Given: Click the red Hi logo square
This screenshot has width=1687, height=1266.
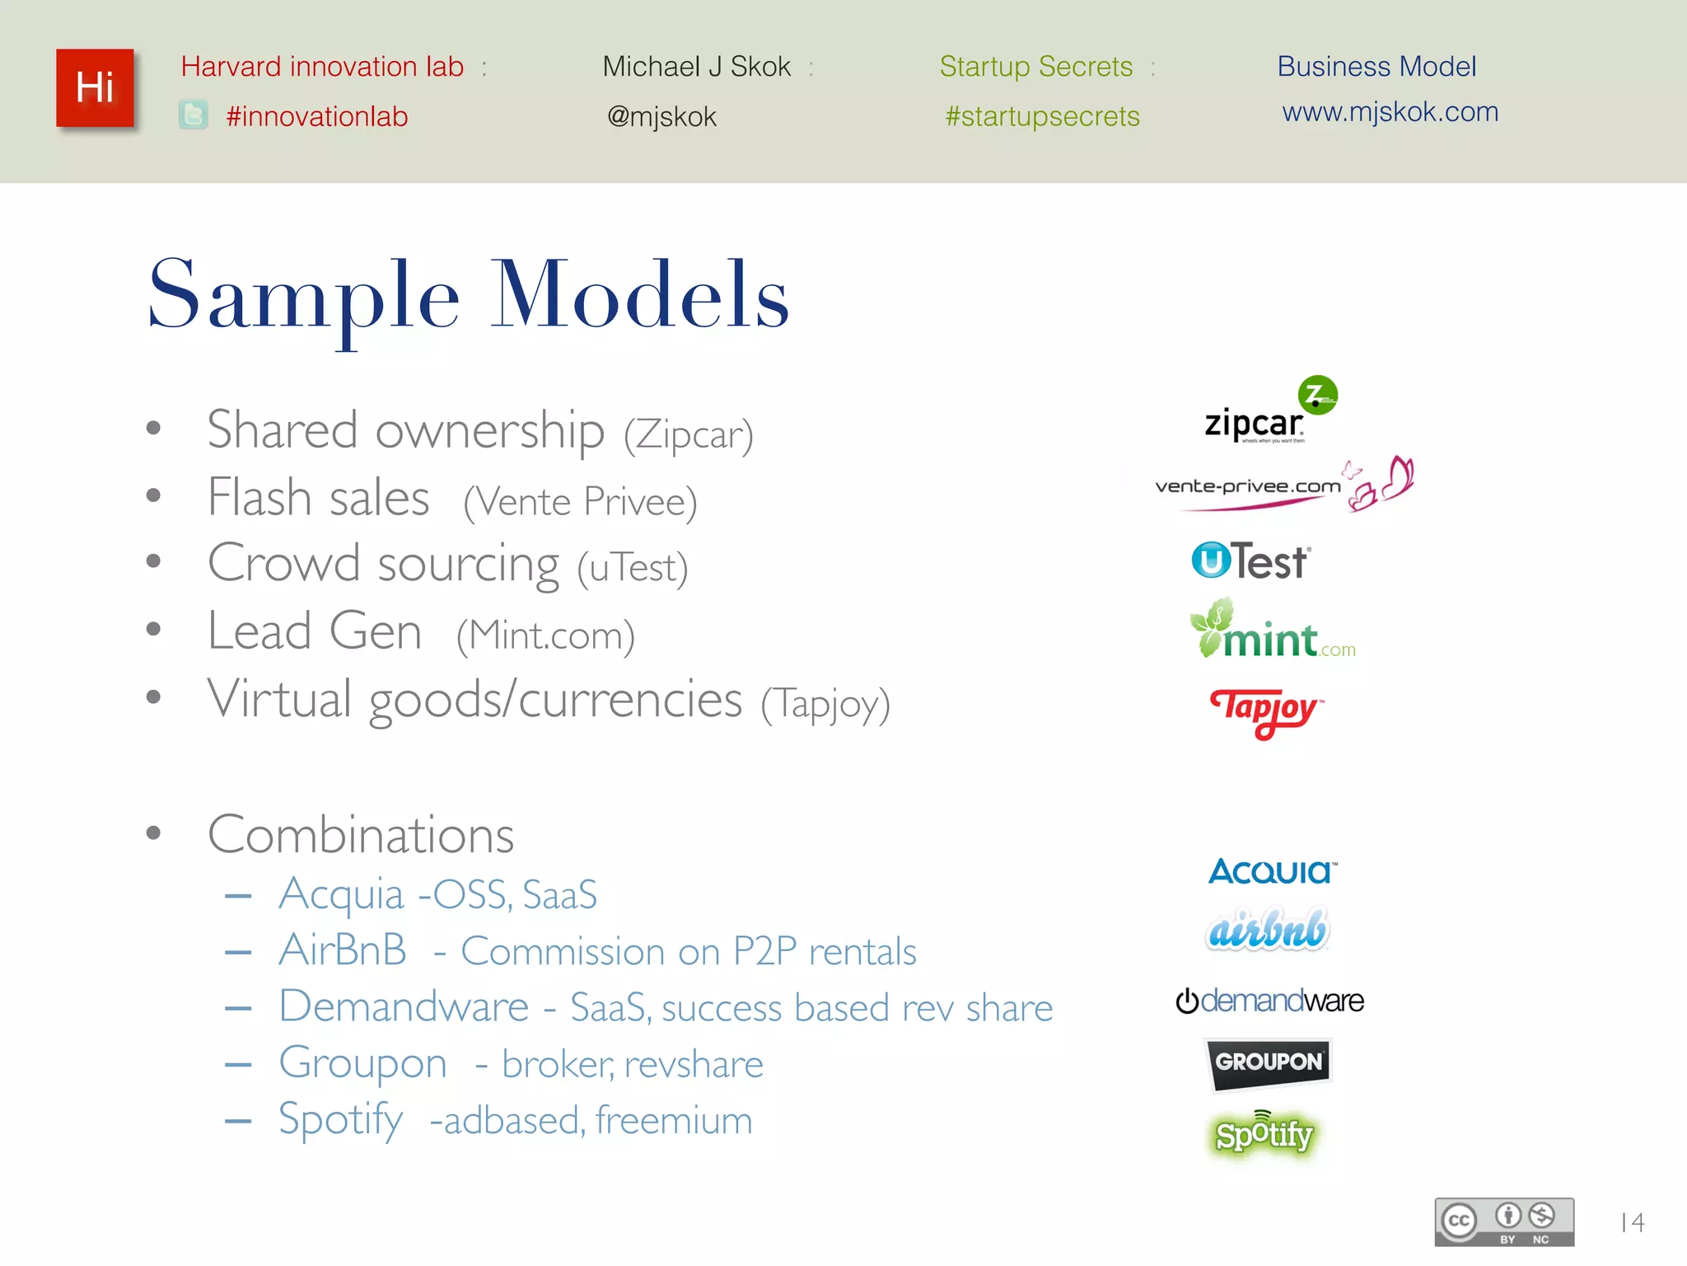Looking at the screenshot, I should pos(95,88).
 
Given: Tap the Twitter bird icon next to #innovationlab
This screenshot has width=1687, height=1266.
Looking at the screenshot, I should pos(194,115).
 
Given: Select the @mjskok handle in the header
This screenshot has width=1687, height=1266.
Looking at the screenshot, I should pos(661,117).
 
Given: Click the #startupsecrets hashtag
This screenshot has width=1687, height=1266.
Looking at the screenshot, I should pos(1042,117).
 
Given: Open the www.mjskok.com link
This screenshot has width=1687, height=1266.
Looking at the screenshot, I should pos(1390,112).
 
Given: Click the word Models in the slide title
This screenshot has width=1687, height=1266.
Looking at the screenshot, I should pos(640,295).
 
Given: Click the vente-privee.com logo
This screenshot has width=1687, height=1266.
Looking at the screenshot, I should pos(1283,485).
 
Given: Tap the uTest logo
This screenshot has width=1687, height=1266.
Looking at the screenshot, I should pos(1250,561).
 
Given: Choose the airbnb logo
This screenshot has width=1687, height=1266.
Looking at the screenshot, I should pos(1268,930).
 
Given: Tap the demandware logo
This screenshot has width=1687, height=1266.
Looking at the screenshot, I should pos(1269,1001).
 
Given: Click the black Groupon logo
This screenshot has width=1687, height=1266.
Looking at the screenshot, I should pos(1269,1062).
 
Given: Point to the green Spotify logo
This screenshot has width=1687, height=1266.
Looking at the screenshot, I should pos(1264,1135).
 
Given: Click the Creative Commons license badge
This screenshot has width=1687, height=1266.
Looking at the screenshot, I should pos(1504,1221).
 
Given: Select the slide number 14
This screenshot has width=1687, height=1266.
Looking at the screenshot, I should pos(1632,1222).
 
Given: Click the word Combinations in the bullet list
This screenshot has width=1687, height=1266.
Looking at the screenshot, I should pos(361,835).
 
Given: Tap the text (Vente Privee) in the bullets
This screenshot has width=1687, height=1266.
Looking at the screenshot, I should pos(580,502).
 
